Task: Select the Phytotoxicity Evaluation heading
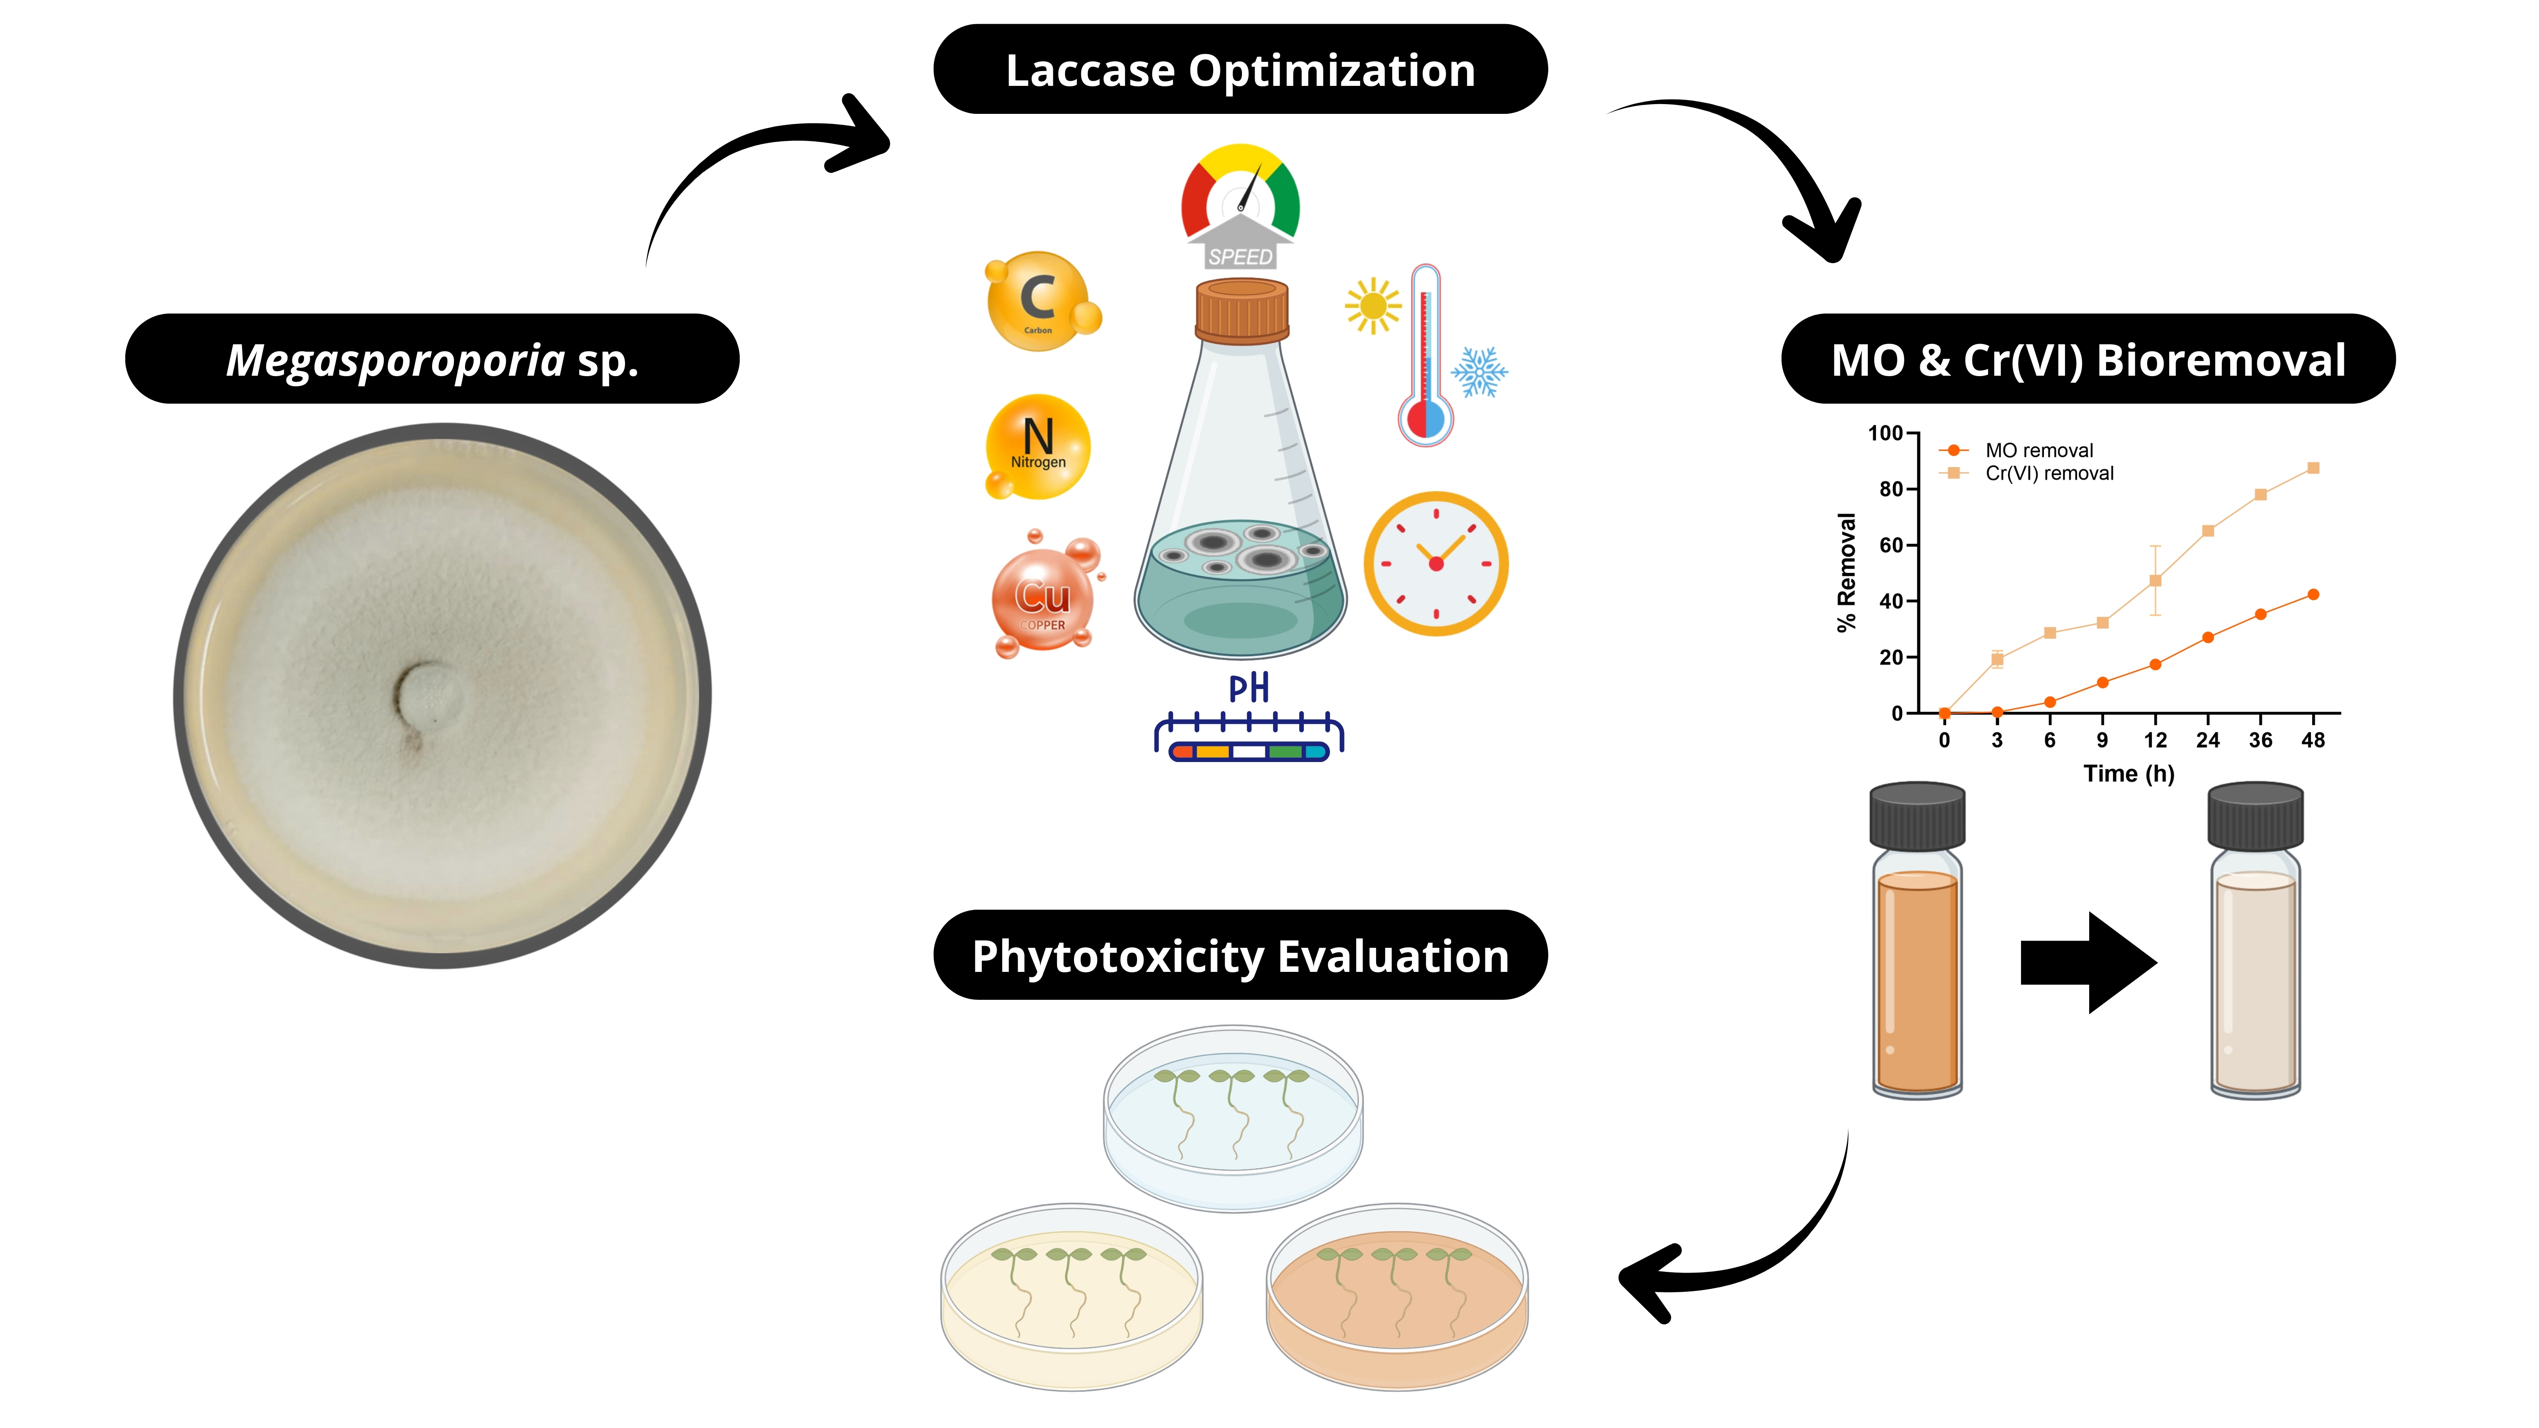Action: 1240,956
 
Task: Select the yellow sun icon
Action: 1372,306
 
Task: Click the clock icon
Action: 1436,564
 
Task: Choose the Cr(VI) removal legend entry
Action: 2048,473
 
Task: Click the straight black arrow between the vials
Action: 2087,962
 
